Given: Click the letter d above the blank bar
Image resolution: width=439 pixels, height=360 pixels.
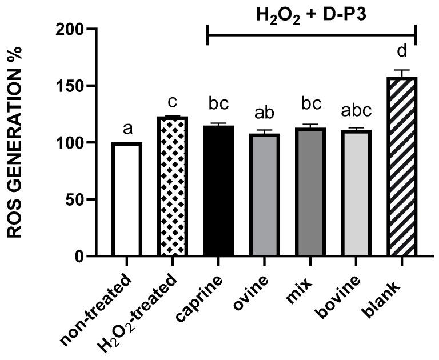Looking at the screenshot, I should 402,51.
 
